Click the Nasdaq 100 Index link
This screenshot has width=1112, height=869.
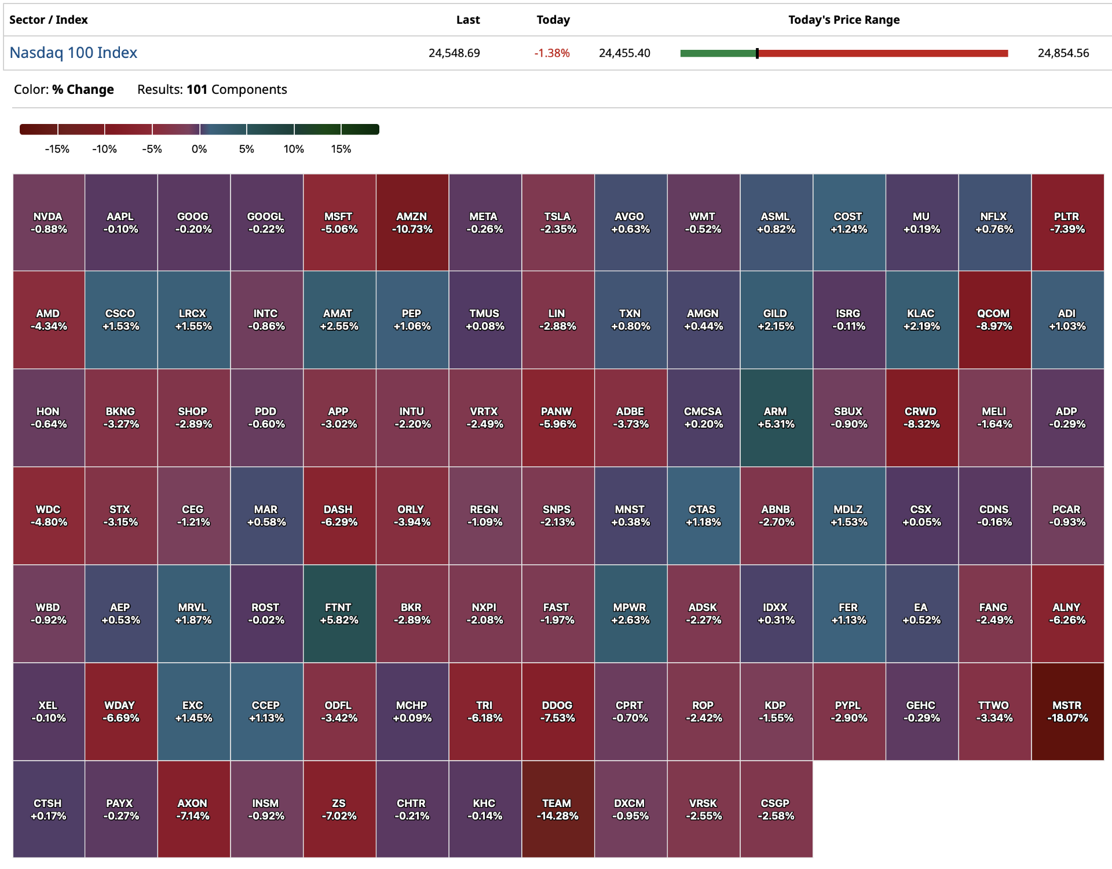point(74,53)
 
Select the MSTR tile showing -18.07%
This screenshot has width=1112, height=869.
point(1067,711)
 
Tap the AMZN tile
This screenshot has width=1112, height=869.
point(412,222)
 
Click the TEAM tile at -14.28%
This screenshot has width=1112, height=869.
point(557,809)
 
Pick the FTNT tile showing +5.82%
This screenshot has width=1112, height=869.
point(339,614)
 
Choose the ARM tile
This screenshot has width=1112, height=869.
point(776,418)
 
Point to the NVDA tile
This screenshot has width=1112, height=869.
point(49,222)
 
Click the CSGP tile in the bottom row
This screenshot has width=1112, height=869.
point(776,809)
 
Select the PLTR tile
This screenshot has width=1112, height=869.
point(1067,222)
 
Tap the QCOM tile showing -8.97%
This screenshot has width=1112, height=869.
point(994,320)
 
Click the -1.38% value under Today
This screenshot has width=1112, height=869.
point(552,53)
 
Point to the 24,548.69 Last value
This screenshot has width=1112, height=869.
point(454,53)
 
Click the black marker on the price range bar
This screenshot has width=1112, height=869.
point(757,53)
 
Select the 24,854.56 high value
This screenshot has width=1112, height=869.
point(1063,53)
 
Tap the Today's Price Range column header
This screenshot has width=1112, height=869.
point(843,20)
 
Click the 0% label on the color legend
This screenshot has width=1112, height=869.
point(199,149)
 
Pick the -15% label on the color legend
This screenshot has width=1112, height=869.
point(57,149)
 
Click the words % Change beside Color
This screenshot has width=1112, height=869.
point(83,90)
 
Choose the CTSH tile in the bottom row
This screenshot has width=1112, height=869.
point(49,809)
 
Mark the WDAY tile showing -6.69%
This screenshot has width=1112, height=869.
point(120,711)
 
